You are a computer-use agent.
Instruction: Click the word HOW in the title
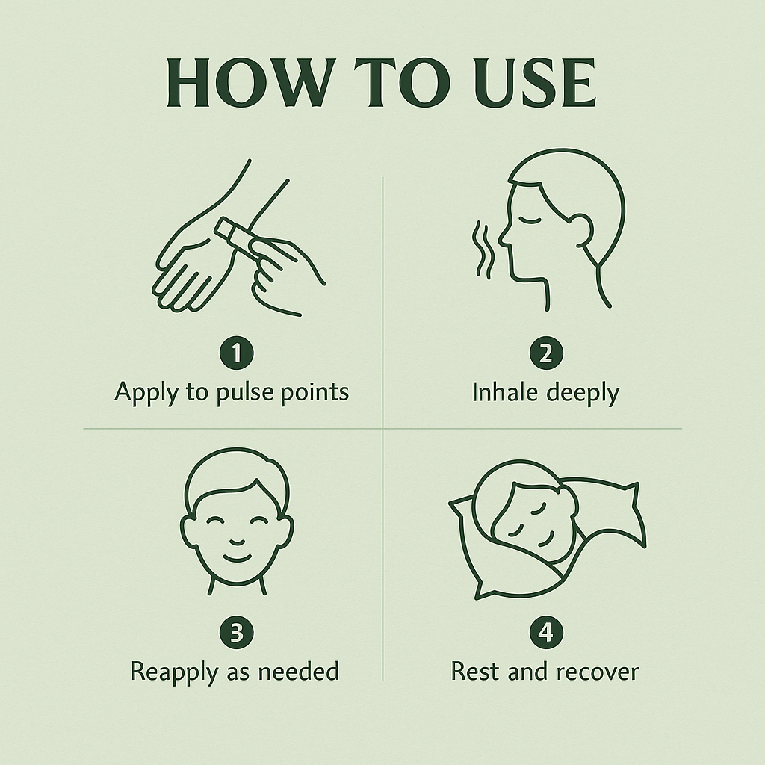click(251, 82)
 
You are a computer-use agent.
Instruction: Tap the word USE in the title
click(535, 82)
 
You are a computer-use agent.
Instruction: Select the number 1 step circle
click(237, 353)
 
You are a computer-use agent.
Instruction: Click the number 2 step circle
click(546, 353)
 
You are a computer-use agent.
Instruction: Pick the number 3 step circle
click(237, 632)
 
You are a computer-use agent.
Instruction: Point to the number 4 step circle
click(546, 632)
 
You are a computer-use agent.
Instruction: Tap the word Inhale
click(505, 392)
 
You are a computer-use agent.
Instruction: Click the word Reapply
click(174, 673)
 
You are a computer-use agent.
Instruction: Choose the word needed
click(298, 671)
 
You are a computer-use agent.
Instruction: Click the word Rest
click(475, 672)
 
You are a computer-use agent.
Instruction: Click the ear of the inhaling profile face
click(581, 230)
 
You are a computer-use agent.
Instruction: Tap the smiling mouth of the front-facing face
click(237, 557)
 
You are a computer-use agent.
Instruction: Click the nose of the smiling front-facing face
click(237, 542)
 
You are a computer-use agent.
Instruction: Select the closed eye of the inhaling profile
click(530, 220)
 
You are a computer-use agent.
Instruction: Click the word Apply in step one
click(146, 393)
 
